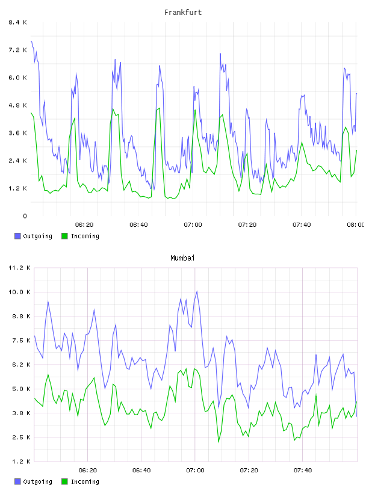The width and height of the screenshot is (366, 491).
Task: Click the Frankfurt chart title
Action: (x=183, y=13)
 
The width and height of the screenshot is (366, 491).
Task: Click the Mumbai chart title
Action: (x=182, y=258)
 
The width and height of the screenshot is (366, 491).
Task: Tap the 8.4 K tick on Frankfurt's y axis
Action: (x=17, y=22)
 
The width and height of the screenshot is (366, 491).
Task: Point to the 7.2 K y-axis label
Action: (x=17, y=50)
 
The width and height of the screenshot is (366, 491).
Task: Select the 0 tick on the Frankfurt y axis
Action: (x=25, y=216)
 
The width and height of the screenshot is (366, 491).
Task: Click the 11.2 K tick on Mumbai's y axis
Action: (x=19, y=268)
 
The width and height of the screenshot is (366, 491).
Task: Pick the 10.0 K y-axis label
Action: (x=19, y=292)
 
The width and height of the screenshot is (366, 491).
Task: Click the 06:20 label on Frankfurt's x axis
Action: (x=84, y=225)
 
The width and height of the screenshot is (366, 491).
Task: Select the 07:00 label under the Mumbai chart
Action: (x=195, y=471)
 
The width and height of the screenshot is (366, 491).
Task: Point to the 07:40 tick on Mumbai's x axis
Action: (x=303, y=471)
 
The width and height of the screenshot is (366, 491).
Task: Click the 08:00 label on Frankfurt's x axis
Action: (x=356, y=225)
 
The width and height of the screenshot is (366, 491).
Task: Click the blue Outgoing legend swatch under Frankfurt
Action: (x=17, y=236)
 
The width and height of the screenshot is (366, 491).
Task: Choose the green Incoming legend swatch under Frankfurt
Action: (x=64, y=236)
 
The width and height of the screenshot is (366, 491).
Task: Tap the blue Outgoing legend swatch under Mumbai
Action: (x=17, y=481)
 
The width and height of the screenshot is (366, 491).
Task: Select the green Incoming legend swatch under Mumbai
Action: (x=64, y=481)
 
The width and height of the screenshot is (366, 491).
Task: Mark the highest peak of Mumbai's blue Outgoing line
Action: (x=197, y=291)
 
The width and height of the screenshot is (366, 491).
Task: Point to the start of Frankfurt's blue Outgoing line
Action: (x=31, y=41)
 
